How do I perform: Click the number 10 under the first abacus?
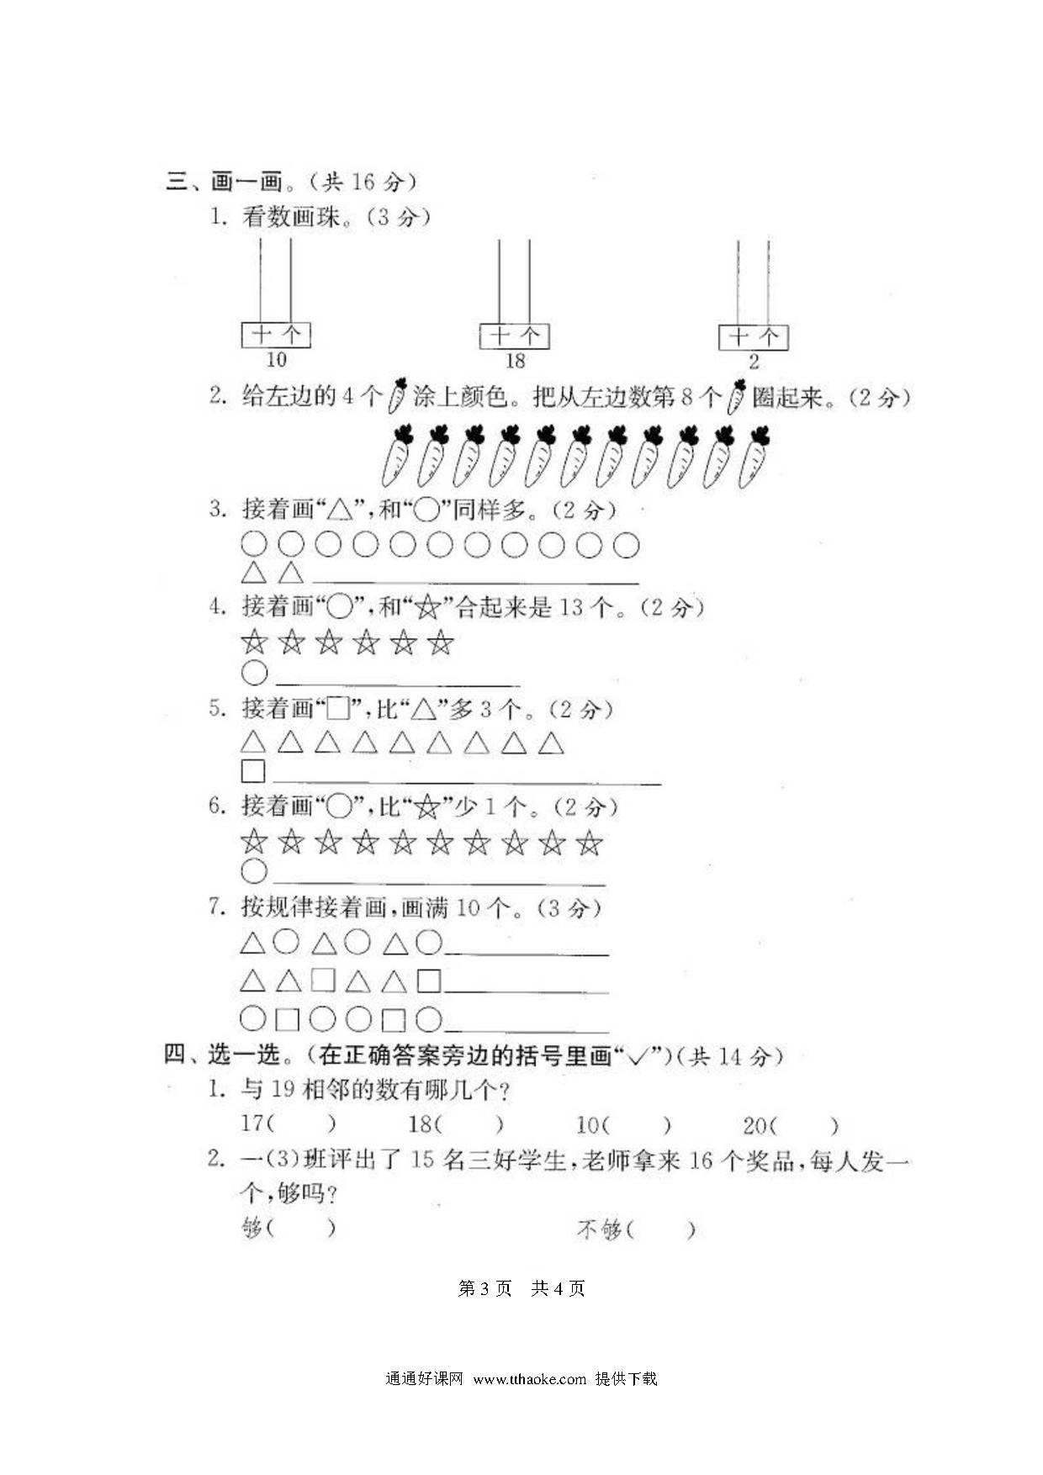pyautogui.click(x=276, y=360)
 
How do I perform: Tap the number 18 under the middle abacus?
pyautogui.click(x=515, y=361)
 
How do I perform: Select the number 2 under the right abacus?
pyautogui.click(x=754, y=362)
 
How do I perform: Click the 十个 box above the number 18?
pyautogui.click(x=515, y=336)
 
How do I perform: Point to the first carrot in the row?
pyautogui.click(x=396, y=457)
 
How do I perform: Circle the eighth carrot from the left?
pyautogui.click(x=647, y=457)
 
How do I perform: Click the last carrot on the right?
pyautogui.click(x=754, y=457)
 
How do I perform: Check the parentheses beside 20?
pyautogui.click(x=804, y=1125)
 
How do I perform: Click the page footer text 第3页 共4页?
pyautogui.click(x=521, y=1288)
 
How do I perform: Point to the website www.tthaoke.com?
pyautogui.click(x=529, y=1379)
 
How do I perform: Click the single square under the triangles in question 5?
pyautogui.click(x=253, y=771)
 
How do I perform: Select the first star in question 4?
pyautogui.click(x=253, y=643)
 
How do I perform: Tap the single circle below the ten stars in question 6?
pyautogui.click(x=254, y=871)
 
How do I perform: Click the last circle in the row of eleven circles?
pyautogui.click(x=626, y=546)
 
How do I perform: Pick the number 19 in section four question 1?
pyautogui.click(x=282, y=1090)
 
